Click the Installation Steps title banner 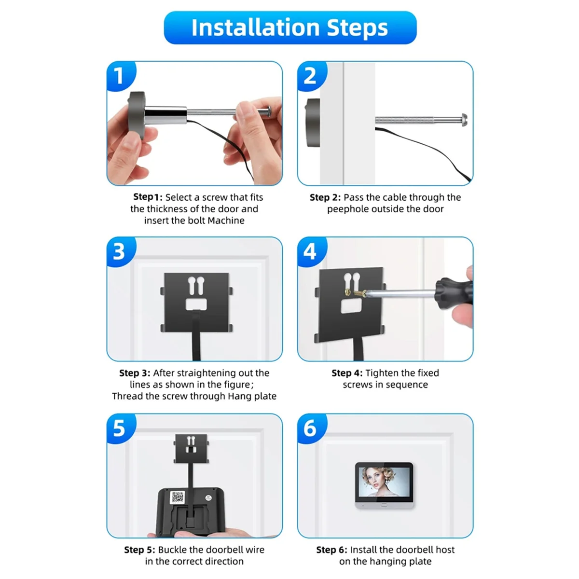click(289, 28)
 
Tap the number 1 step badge click(119, 76)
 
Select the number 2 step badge click(310, 76)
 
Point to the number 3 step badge click(119, 252)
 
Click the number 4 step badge click(310, 252)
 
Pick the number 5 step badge click(119, 428)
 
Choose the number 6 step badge click(310, 428)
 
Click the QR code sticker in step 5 click(178, 497)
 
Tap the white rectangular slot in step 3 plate click(196, 304)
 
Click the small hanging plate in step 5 click(191, 447)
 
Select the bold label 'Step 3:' click(135, 373)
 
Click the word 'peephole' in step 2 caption click(346, 209)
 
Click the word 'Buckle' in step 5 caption click(173, 550)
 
